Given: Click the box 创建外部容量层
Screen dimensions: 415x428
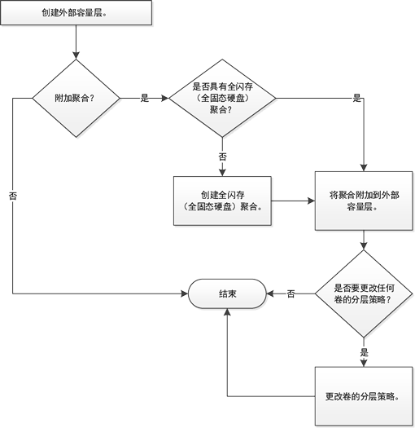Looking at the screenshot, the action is click(76, 13).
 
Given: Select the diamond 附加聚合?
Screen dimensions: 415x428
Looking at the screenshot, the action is click(76, 99).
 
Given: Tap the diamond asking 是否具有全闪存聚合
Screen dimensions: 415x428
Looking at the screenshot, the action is click(222, 99).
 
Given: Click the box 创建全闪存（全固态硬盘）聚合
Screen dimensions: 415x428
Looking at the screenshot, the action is click(222, 201).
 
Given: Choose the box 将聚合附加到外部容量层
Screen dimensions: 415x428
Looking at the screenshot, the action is click(364, 201).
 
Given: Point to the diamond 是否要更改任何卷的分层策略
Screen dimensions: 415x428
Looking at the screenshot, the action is click(364, 293).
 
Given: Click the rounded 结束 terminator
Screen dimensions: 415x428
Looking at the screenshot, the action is click(227, 293).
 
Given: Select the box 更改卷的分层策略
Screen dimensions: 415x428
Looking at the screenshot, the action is click(364, 396).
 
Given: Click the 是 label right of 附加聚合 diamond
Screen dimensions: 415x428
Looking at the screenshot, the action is click(145, 99).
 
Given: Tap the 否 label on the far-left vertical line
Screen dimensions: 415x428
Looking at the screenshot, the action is click(13, 196).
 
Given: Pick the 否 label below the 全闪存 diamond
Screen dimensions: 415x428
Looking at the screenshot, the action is click(222, 157).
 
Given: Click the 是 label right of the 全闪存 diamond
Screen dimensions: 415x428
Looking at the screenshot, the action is click(356, 99).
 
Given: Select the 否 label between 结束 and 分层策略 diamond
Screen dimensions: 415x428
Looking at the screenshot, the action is click(290, 293).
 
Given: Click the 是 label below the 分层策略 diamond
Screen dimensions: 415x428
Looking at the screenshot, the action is click(364, 352).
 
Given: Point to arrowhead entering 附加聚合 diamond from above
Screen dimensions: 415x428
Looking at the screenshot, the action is click(76, 55).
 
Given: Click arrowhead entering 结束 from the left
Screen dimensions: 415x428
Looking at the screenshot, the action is click(185, 293).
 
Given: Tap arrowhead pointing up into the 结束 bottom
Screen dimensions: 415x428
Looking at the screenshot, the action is click(227, 312).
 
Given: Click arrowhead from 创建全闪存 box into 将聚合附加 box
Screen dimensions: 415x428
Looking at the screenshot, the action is click(312, 201).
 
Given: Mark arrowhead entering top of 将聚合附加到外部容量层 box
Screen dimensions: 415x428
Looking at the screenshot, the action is click(364, 168).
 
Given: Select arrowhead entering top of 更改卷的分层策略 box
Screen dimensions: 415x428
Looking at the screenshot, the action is click(364, 364).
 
